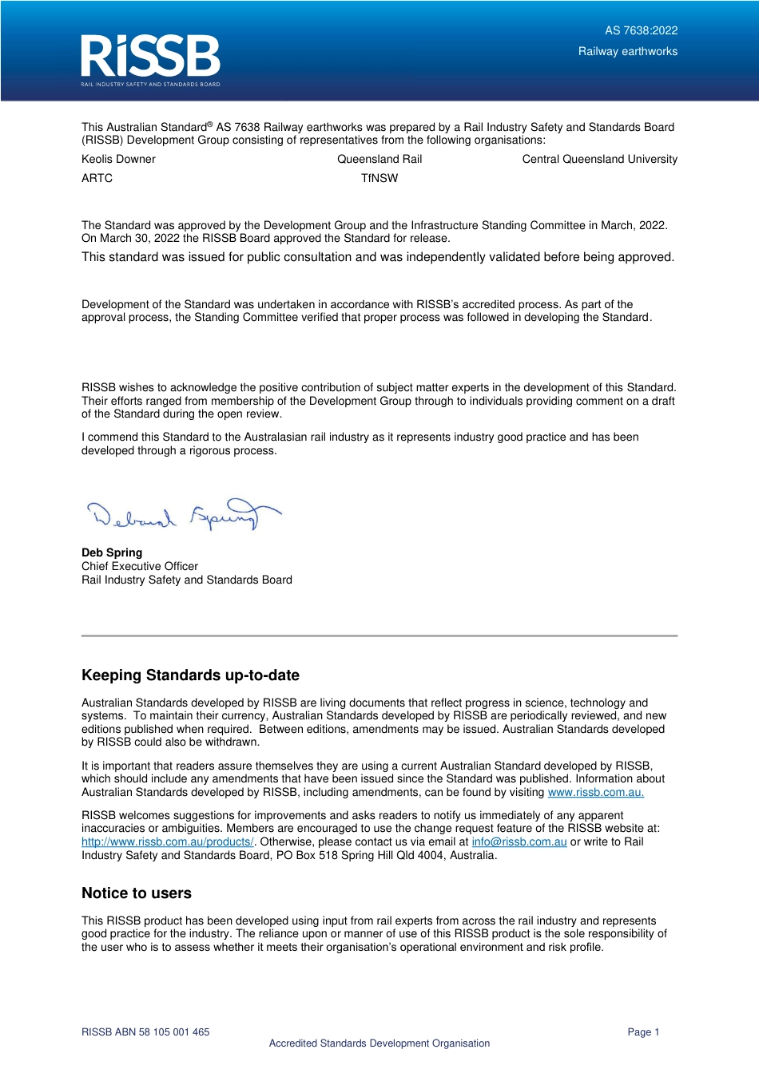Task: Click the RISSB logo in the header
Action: click(x=150, y=60)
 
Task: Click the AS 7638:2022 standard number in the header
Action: click(x=641, y=31)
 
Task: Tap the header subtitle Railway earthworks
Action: click(x=627, y=52)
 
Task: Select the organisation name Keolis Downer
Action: click(x=118, y=160)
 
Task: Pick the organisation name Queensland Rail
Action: click(x=379, y=160)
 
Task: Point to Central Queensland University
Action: click(x=599, y=160)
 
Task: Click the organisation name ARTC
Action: click(x=97, y=179)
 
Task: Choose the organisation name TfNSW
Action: click(x=379, y=179)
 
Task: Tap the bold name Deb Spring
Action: click(x=112, y=552)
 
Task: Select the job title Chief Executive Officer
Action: click(x=140, y=566)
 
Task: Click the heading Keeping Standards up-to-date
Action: click(x=190, y=675)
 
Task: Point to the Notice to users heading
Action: click(x=137, y=893)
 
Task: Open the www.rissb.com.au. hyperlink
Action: click(x=595, y=793)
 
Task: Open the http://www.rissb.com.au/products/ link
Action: click(x=167, y=842)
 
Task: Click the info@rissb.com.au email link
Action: click(x=519, y=842)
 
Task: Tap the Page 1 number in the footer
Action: click(x=643, y=1032)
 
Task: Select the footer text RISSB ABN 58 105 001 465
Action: click(x=145, y=1032)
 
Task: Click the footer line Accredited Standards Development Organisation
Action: click(x=379, y=1043)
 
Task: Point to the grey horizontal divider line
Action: click(x=379, y=635)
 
